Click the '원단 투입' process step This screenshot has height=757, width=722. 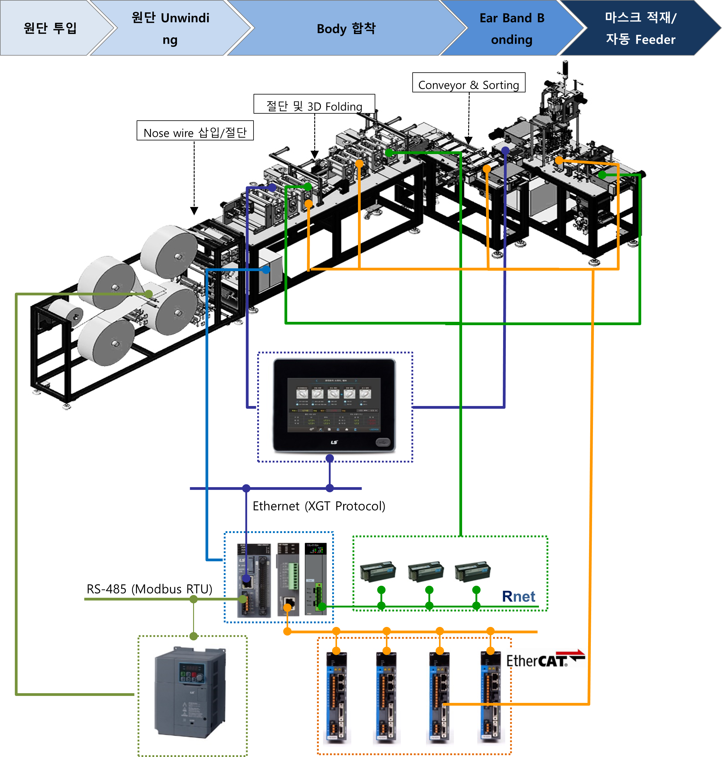click(50, 28)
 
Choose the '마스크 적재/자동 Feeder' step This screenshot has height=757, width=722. click(640, 28)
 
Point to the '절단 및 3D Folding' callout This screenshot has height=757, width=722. click(314, 105)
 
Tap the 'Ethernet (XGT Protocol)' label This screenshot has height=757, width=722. click(319, 506)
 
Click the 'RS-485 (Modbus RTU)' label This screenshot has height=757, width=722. click(149, 589)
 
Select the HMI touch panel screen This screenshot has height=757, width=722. click(334, 404)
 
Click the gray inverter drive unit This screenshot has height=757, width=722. click(190, 691)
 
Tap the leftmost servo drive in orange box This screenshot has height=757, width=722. click(336, 697)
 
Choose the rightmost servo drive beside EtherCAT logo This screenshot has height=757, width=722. click(490, 697)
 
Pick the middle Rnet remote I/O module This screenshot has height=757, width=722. click(426, 572)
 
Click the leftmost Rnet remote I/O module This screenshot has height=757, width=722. click(378, 572)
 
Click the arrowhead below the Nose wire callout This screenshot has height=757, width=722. click(194, 211)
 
